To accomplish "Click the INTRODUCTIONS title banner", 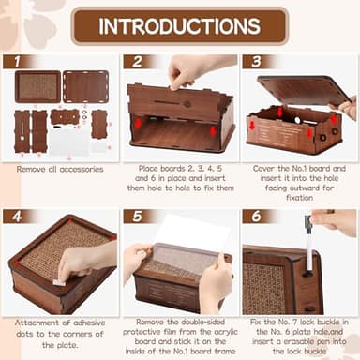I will [x=179, y=25].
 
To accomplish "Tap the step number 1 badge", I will [x=13, y=63].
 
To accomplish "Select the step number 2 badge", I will [x=133, y=63].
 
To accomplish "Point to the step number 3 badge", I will [x=253, y=63].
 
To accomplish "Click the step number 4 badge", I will [x=13, y=217].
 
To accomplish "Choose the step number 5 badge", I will [x=133, y=217].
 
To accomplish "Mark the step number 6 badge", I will [x=253, y=217].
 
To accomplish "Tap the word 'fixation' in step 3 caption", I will [x=299, y=192].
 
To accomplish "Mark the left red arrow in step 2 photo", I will [x=138, y=123].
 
